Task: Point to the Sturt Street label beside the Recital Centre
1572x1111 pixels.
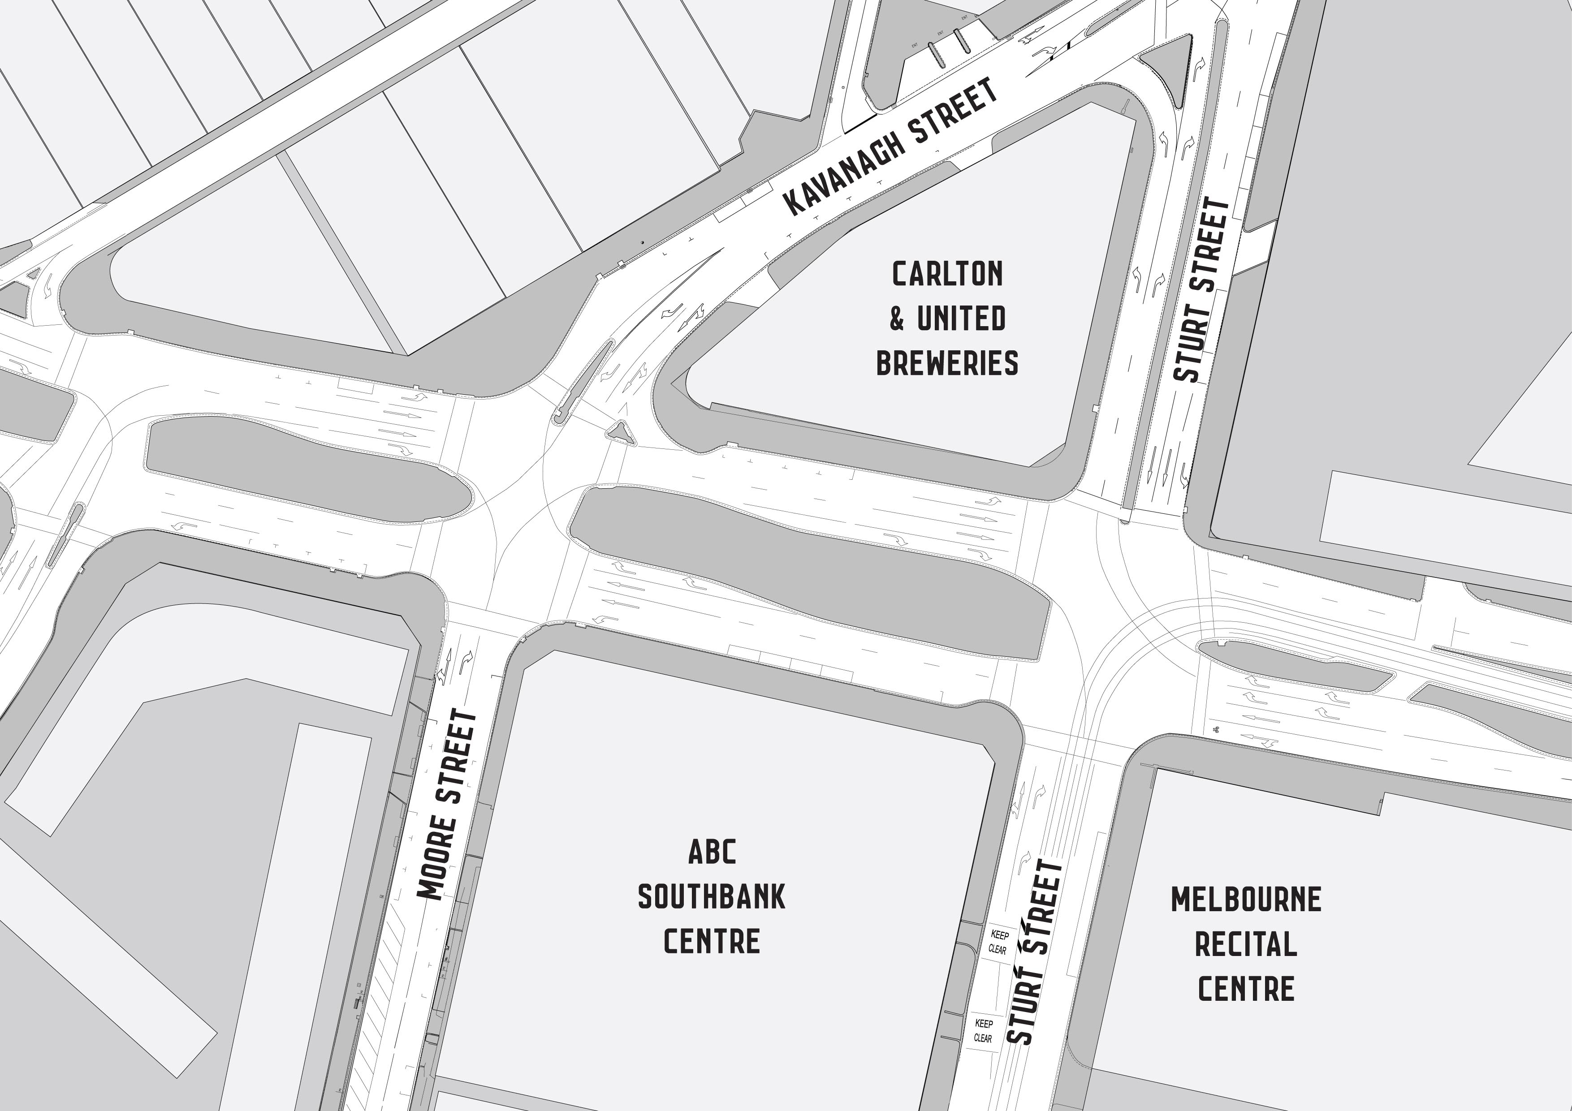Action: click(x=1035, y=952)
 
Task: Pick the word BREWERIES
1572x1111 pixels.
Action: click(x=947, y=363)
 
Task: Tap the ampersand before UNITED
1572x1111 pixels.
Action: click(x=897, y=319)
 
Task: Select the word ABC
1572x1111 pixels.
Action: click(x=712, y=852)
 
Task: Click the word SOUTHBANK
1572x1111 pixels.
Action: click(x=712, y=897)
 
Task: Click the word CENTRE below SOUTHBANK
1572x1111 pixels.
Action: click(x=712, y=941)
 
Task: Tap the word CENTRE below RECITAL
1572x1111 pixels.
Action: click(x=1246, y=989)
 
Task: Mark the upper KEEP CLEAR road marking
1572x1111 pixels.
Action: click(x=999, y=942)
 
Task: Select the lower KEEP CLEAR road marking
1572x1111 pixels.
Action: click(x=983, y=1030)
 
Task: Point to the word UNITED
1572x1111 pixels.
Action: click(x=961, y=319)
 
